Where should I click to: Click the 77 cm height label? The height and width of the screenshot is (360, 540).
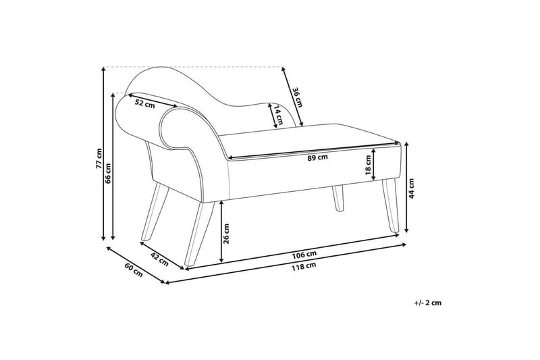coord(99,159)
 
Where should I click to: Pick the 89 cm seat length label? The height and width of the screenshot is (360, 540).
coord(318,157)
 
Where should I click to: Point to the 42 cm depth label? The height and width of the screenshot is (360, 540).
coord(159,257)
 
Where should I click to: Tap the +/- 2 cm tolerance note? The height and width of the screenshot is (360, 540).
coord(427,303)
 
